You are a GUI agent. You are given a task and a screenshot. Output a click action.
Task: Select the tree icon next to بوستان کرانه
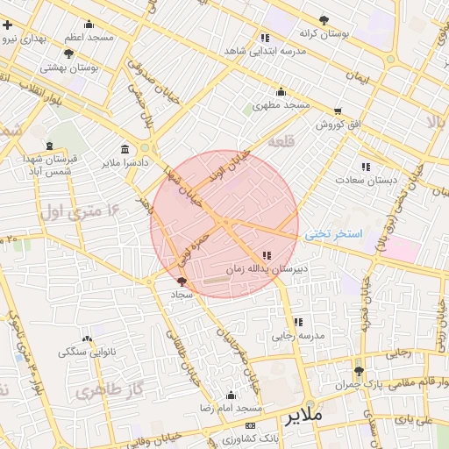point(324,19)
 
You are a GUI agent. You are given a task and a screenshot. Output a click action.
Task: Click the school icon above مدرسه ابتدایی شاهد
point(265,37)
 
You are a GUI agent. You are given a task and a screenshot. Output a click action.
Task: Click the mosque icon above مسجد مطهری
point(281,91)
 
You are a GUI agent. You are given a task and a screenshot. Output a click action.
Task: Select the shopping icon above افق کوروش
point(337,111)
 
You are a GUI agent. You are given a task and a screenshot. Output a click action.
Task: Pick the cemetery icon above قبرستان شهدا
point(50,145)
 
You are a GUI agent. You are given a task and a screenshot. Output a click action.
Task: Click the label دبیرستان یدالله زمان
point(267,268)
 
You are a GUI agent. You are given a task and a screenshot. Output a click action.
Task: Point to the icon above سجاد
point(182,282)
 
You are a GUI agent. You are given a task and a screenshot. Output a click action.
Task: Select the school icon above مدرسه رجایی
point(297,322)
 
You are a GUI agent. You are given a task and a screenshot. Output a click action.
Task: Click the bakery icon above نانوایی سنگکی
point(86,339)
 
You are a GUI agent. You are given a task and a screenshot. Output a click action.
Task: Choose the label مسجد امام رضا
point(232,410)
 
